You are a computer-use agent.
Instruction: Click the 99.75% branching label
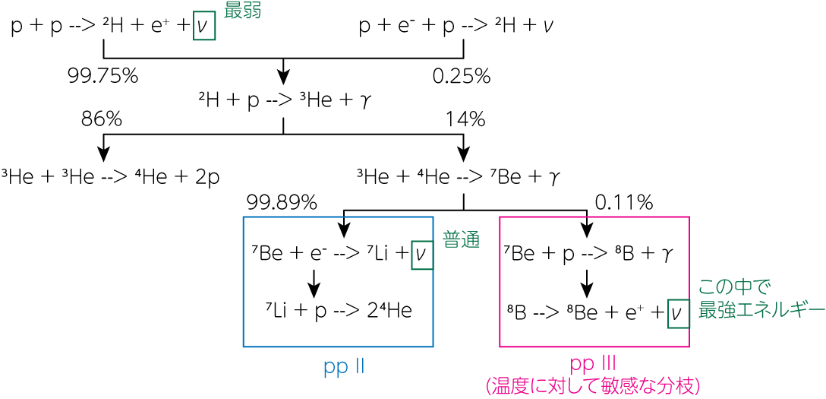point(102,77)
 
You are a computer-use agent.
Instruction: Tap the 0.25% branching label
point(462,77)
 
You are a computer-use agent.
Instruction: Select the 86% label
point(102,119)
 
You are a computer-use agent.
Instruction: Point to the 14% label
point(465,119)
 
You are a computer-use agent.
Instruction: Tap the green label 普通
point(461,240)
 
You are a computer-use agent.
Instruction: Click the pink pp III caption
point(594,366)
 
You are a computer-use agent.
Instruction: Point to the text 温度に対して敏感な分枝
point(594,387)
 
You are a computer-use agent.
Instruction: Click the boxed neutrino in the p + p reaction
point(204,27)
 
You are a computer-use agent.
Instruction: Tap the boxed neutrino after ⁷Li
point(421,255)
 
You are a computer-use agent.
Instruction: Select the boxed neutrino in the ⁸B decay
point(678,314)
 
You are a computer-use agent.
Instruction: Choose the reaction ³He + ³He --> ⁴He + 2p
point(110,176)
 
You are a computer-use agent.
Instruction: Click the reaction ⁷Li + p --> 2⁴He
point(338,312)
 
